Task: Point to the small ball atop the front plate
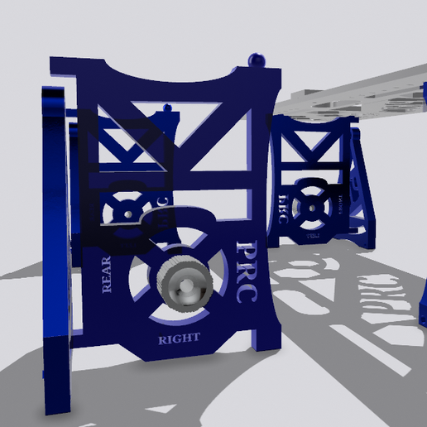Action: click(x=256, y=59)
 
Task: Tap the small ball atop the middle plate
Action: click(x=169, y=108)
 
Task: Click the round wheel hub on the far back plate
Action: click(x=313, y=203)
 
